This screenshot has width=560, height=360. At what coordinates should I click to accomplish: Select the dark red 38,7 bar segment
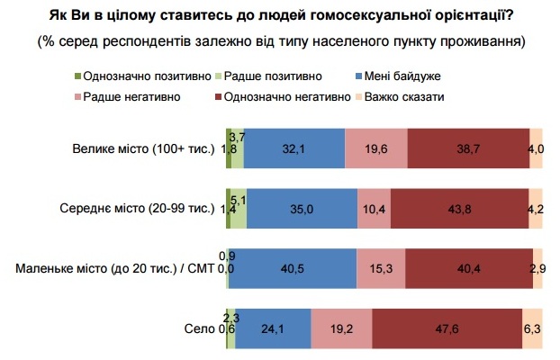point(467,148)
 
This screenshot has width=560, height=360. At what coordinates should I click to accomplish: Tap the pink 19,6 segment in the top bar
point(376,148)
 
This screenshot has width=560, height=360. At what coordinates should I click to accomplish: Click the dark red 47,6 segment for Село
point(446,328)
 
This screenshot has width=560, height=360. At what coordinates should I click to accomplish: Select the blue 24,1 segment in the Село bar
point(273,328)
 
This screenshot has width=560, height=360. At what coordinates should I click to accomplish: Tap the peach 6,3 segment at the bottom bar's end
point(532,328)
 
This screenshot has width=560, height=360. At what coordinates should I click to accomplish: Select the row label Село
point(204,328)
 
